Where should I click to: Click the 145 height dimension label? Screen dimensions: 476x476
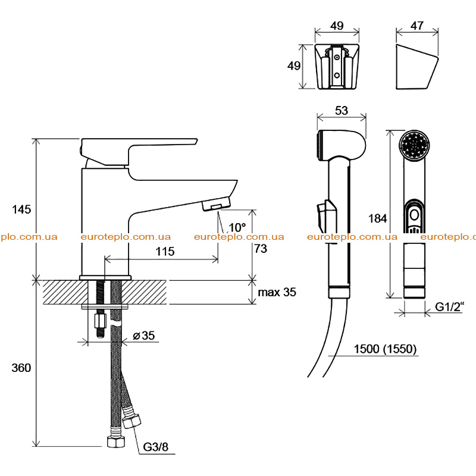pos(21,209)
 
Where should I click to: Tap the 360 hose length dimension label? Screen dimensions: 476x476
pos(21,368)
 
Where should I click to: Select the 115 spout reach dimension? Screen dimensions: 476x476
pos(165,251)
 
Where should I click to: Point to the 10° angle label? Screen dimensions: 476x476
pos(237,227)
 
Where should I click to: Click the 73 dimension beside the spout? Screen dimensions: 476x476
pos(261,249)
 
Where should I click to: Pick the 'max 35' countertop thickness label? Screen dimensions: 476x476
pos(277,292)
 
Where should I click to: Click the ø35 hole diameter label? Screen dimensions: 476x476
pos(144,336)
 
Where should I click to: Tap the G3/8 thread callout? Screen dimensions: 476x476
pos(156,447)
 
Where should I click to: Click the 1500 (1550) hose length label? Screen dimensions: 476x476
pos(385,349)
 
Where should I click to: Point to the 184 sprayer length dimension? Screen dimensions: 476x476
pos(378,218)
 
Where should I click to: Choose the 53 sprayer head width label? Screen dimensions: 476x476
pos(342,111)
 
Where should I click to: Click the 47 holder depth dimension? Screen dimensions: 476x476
pos(417,26)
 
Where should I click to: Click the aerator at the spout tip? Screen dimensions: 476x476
pos(216,204)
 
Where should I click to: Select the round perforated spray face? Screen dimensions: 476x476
pos(414,145)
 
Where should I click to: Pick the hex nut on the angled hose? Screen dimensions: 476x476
pos(131,421)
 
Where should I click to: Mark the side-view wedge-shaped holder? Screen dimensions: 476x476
pos(417,67)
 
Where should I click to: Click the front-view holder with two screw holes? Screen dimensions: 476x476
pos(337,67)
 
